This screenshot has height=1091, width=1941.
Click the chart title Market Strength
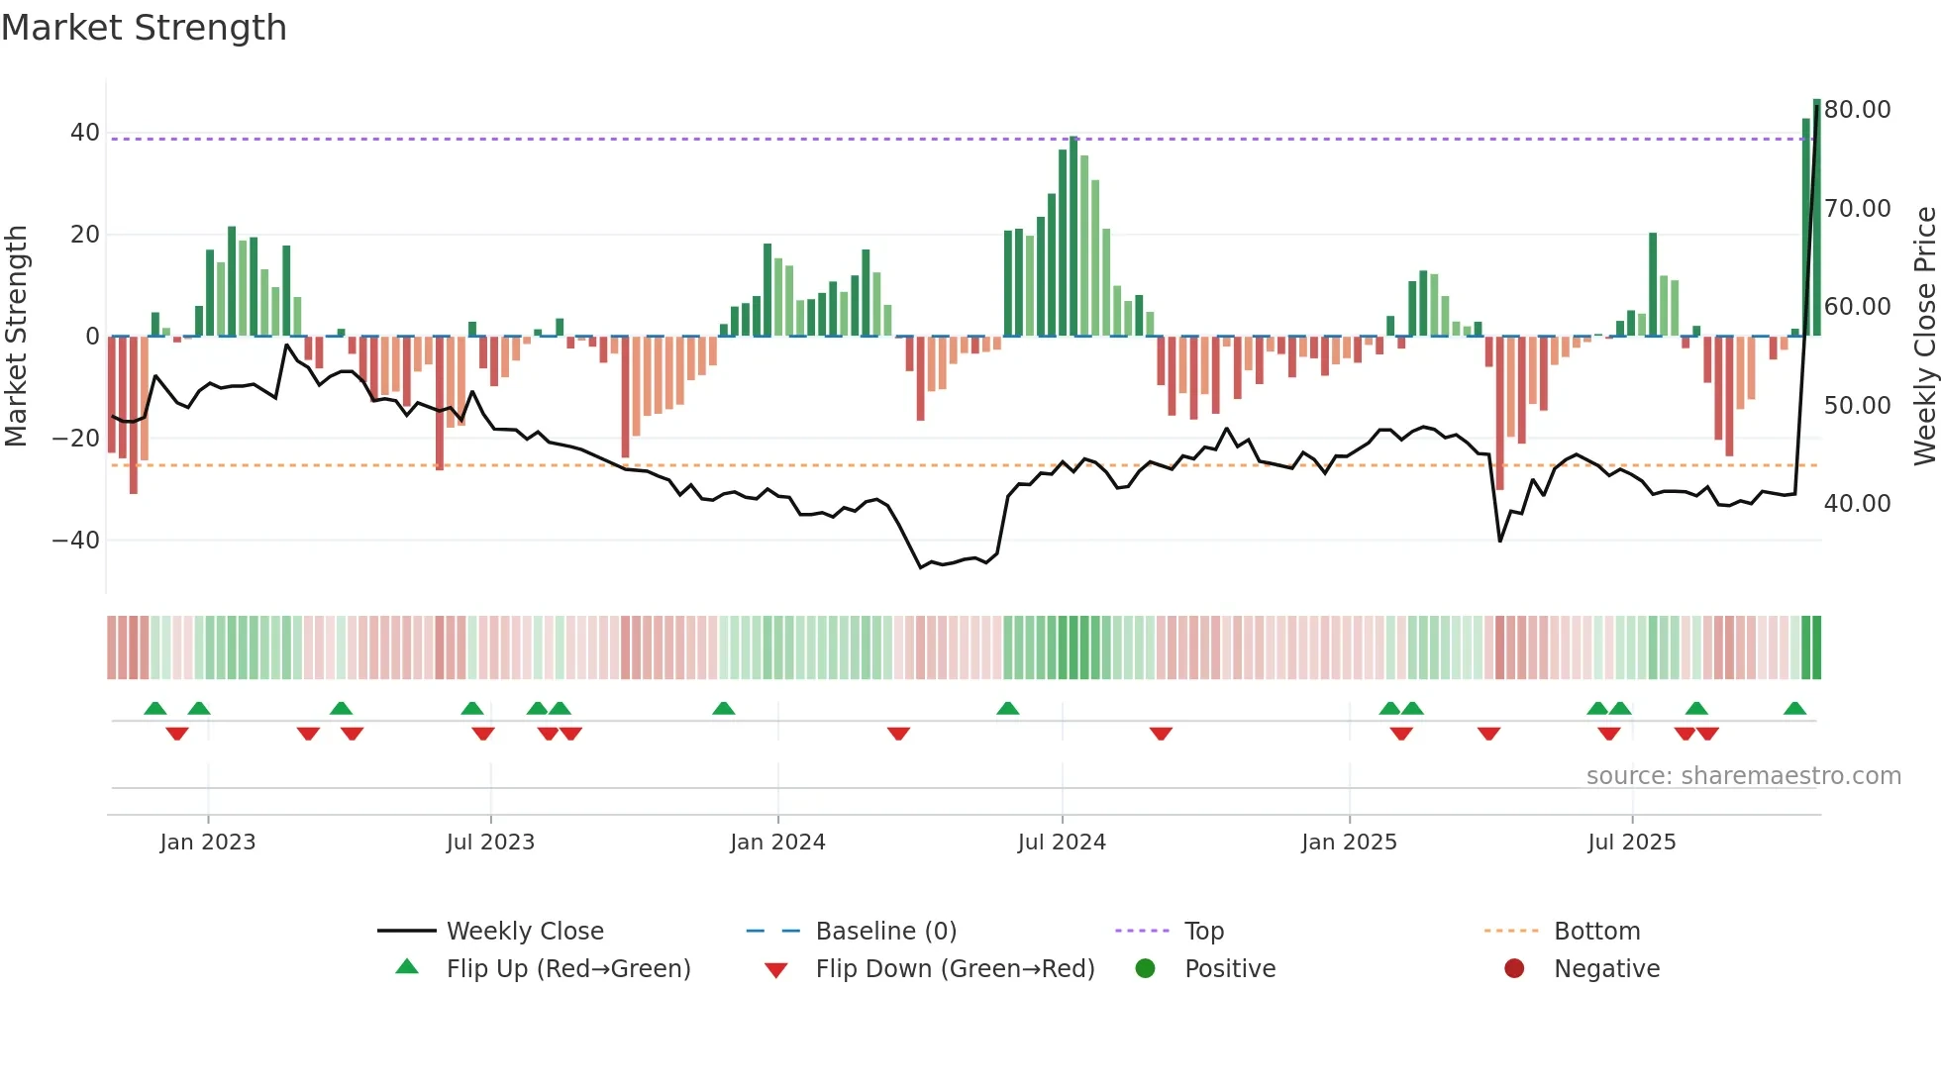click(x=144, y=28)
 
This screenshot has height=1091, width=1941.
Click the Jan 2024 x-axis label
click(x=777, y=843)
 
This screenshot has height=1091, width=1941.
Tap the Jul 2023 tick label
click(x=490, y=843)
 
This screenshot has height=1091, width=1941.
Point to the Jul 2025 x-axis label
click(x=1631, y=843)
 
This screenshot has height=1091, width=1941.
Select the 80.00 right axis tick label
click(x=1857, y=110)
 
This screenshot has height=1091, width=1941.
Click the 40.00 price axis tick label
click(x=1857, y=504)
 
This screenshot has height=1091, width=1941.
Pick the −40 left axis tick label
click(x=75, y=541)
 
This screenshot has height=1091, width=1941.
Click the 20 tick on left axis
click(x=84, y=235)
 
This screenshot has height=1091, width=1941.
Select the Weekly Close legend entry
click(x=524, y=932)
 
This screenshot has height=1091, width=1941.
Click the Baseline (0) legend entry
click(x=885, y=932)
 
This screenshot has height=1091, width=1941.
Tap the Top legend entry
click(x=1203, y=932)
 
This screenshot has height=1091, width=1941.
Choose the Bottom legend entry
click(x=1596, y=932)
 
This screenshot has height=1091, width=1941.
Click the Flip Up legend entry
click(x=567, y=969)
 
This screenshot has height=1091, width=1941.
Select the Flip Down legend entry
click(x=954, y=969)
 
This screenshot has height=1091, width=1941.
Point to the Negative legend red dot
click(x=1514, y=969)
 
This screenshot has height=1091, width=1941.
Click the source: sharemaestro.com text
click(x=1743, y=776)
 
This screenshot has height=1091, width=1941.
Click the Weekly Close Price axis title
click(x=1924, y=336)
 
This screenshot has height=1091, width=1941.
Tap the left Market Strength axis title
click(x=16, y=336)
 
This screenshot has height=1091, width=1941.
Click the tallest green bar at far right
click(x=1816, y=218)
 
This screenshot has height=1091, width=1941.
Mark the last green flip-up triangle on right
click(x=1794, y=709)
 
